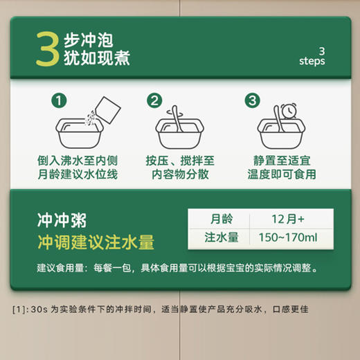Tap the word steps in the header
[312, 61]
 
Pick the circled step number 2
[155, 101]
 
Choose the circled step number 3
[253, 101]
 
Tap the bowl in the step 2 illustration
[179, 131]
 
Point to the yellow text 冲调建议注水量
[95, 242]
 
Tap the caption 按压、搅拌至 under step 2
[179, 160]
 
